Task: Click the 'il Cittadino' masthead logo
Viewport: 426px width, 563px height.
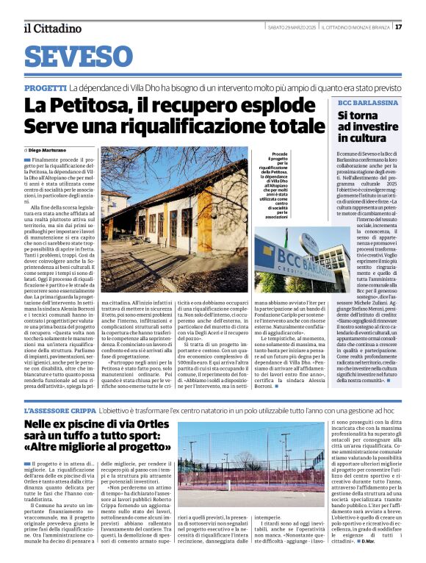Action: [x=52, y=28]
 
